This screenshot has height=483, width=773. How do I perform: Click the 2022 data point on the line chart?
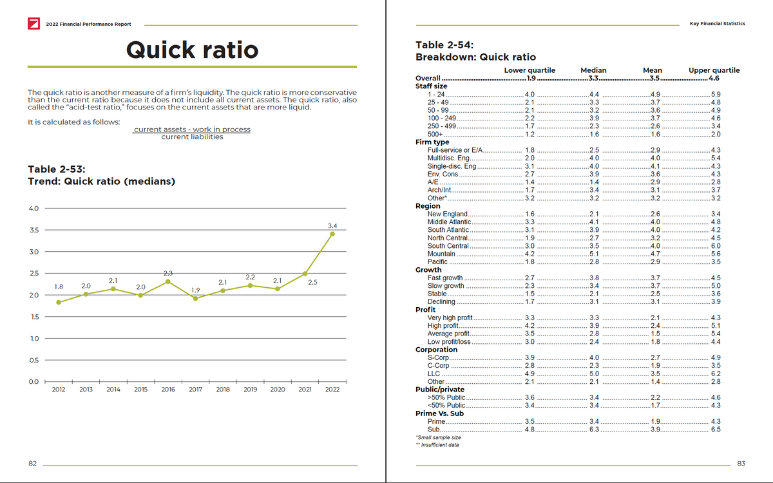[332, 234]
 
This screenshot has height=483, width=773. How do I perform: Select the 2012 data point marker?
[59, 302]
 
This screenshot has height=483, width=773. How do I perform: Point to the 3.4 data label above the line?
[332, 226]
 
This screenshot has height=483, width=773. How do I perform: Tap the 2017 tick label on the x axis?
[196, 390]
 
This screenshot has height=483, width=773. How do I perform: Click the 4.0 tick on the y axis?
[33, 209]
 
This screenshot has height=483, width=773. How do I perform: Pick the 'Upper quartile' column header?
[714, 70]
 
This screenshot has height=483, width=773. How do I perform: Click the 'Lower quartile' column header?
[530, 70]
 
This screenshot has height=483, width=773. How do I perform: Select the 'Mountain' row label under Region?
[441, 254]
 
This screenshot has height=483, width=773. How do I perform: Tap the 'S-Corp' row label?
[438, 357]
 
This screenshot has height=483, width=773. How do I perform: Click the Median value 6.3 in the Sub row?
[594, 429]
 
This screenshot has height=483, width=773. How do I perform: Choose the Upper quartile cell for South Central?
[715, 246]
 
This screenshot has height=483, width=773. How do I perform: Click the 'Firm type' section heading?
[432, 142]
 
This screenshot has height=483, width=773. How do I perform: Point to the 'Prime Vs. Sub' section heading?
[439, 413]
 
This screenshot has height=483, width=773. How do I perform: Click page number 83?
[741, 463]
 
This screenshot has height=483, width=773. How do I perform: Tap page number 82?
[32, 463]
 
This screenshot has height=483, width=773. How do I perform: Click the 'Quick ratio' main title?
[193, 50]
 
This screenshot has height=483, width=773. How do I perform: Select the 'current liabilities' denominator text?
[192, 137]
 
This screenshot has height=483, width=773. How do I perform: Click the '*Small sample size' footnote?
[439, 437]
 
